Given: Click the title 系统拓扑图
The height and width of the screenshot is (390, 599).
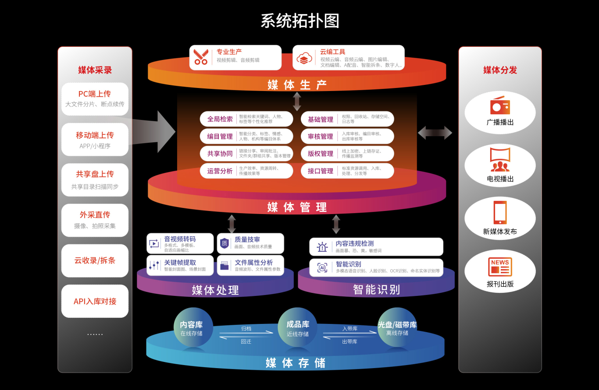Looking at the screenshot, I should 300,21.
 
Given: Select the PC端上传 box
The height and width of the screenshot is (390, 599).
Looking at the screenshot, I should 95,99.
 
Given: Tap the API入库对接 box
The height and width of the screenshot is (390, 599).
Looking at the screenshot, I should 95,301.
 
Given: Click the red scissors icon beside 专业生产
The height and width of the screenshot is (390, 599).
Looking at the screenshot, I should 201,57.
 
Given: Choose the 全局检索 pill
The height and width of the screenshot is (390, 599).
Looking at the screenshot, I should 246,119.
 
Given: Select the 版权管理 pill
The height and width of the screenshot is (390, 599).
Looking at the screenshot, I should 347,154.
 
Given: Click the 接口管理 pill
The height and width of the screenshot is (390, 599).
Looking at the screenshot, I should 347,171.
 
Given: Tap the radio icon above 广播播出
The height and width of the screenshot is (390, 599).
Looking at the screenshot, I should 500,106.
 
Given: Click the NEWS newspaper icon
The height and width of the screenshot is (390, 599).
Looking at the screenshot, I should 500,267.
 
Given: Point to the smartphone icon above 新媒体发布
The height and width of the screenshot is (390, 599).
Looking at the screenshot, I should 500,213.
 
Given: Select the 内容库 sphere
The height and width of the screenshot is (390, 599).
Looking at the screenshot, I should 193,328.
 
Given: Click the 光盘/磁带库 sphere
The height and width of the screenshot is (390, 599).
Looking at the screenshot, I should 397,328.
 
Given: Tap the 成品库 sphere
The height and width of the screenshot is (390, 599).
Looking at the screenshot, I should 298,328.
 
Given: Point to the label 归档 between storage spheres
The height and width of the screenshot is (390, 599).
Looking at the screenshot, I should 246,329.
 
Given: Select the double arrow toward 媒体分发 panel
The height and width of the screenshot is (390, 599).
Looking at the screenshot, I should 435,133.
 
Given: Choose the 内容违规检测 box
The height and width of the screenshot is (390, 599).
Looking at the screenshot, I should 376,247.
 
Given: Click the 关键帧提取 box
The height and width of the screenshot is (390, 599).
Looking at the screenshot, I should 180,265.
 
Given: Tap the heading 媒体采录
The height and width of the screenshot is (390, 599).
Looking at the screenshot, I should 95,70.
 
